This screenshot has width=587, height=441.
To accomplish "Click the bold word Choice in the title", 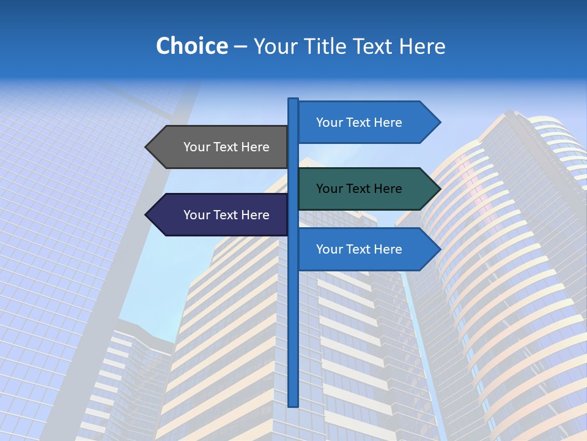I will tap(191, 46).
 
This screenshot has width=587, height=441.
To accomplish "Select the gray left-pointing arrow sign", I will tap(220, 147).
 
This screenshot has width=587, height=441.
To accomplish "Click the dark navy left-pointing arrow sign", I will tap(220, 214).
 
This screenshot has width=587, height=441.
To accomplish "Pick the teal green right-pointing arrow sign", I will tap(364, 189).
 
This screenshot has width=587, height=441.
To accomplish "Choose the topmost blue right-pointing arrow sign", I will tap(364, 123).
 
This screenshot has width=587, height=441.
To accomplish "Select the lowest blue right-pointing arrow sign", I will tap(364, 249).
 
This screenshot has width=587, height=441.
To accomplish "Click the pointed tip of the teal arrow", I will tap(440, 189).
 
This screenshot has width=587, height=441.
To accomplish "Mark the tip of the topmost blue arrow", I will tap(440, 123).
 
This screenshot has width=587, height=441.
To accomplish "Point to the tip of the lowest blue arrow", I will tap(440, 249).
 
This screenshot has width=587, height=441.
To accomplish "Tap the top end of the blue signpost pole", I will tap(293, 100).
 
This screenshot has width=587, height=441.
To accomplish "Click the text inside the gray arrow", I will tap(226, 147).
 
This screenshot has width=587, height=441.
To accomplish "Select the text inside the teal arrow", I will tap(359, 189).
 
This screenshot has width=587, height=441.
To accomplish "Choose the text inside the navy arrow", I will tap(226, 215).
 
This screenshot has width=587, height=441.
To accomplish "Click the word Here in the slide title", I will tap(422, 46).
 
